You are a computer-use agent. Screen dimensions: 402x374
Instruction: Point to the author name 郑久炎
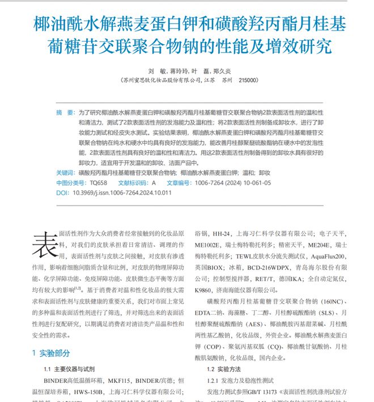coord(220,71)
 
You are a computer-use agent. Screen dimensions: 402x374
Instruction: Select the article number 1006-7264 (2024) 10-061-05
coord(233,183)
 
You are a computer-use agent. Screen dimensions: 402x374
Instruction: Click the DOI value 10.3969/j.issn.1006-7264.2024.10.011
coord(122,193)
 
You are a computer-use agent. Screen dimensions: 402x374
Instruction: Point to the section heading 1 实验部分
coord(51,353)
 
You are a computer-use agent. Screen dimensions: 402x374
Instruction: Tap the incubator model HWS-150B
coord(103,391)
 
